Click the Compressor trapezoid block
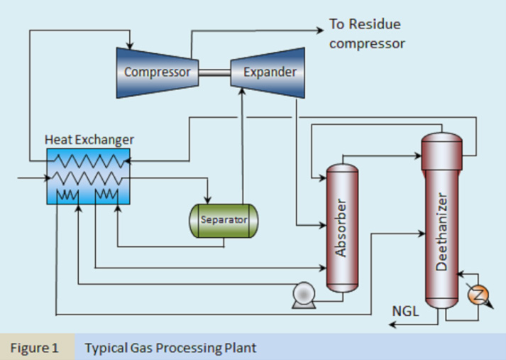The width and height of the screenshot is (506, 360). coord(157,72)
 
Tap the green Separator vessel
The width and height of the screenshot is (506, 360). coord(223,220)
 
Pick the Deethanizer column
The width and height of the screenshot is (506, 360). coord(441,220)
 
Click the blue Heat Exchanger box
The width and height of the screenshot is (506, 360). coord(87,176)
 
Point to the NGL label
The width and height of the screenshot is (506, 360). coord(405,310)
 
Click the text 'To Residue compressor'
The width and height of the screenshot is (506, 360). coord(366,34)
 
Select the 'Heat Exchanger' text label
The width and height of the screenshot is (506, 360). coord(89,140)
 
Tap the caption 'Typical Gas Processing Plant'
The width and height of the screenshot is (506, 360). coord(170,348)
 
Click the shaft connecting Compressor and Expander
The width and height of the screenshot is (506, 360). coord(214,72)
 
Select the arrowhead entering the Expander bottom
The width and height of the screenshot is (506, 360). coord(242,92)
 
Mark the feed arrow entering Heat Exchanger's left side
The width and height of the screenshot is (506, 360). coord(43,177)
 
